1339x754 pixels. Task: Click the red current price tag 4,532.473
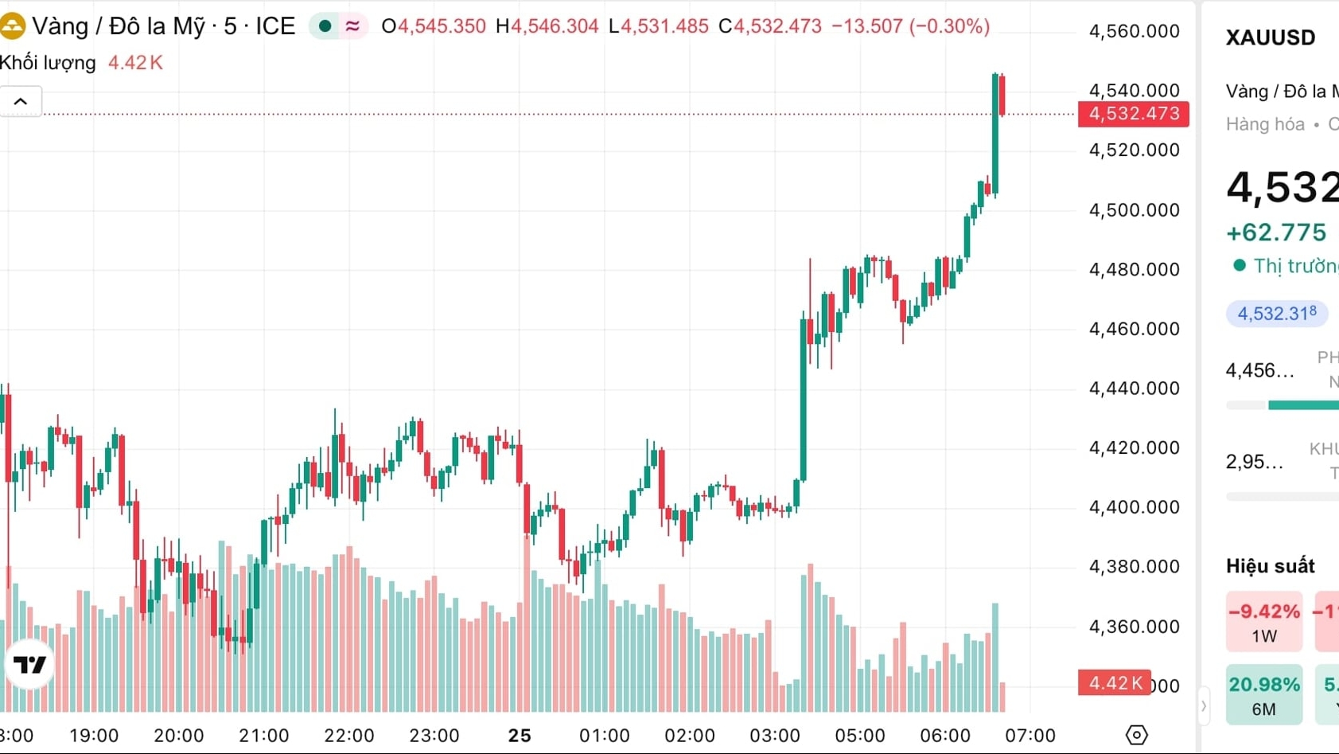click(1133, 114)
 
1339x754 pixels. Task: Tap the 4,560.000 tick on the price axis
click(1134, 32)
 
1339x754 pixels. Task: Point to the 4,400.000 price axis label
click(1134, 507)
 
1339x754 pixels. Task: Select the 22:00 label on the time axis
click(348, 736)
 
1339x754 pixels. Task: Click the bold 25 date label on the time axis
click(520, 736)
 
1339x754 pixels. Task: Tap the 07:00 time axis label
click(1030, 736)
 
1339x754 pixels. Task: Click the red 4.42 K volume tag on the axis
click(1114, 683)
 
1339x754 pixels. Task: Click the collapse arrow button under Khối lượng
click(21, 102)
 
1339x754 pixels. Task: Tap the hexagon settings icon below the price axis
click(1136, 735)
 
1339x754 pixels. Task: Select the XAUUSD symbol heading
click(1270, 37)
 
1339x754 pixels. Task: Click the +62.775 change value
click(1276, 232)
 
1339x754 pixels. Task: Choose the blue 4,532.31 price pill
click(1276, 314)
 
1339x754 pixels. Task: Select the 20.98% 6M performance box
click(1263, 694)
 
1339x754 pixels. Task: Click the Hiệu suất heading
click(1270, 566)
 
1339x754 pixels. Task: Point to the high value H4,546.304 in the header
click(547, 26)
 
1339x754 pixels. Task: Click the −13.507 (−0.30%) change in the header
click(910, 26)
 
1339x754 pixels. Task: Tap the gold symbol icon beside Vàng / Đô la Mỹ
click(12, 26)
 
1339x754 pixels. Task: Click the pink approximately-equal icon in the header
click(352, 26)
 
